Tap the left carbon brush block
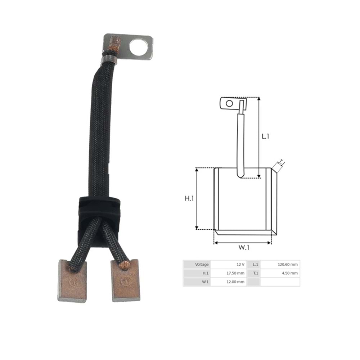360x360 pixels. pyautogui.click(x=72, y=282)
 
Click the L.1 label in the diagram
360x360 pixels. pyautogui.click(x=265, y=136)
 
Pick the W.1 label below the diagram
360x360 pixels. pyautogui.click(x=244, y=247)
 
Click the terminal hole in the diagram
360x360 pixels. pyautogui.click(x=229, y=104)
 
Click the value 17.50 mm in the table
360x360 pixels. pyautogui.click(x=236, y=273)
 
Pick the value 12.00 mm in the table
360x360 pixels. pyautogui.click(x=236, y=282)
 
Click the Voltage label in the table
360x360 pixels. pyautogui.click(x=202, y=265)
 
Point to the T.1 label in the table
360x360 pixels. pyautogui.click(x=255, y=273)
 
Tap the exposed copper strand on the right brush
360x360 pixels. pyautogui.click(x=125, y=266)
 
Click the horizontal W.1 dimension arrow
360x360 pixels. pyautogui.click(x=242, y=243)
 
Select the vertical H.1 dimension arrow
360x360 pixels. pyautogui.click(x=197, y=198)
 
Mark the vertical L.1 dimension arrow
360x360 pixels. pyautogui.click(x=259, y=137)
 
